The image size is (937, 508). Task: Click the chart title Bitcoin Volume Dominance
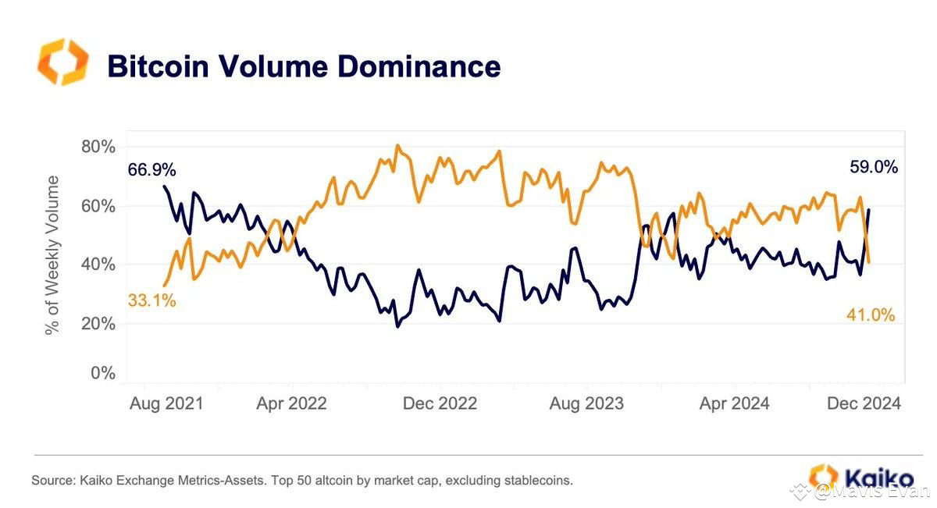[303, 66]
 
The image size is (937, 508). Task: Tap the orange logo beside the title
[63, 62]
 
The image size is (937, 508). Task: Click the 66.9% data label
[152, 169]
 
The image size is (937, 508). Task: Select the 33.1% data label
[152, 300]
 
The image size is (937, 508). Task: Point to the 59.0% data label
[873, 166]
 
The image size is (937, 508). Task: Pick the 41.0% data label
[871, 315]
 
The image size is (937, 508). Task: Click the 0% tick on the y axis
[102, 373]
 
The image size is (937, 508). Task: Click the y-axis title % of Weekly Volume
[52, 255]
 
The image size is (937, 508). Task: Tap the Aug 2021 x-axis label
[165, 403]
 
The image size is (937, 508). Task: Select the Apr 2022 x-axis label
[292, 403]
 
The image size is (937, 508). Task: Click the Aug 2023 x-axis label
[586, 403]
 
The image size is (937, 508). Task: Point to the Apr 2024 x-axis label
[734, 403]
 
